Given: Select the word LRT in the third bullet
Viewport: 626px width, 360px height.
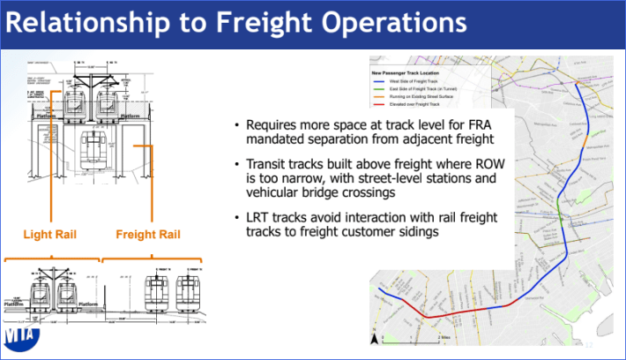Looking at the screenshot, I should [265, 218].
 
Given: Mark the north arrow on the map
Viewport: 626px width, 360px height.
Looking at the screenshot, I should [376, 336].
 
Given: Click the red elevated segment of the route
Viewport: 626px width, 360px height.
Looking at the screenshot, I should [441, 313].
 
